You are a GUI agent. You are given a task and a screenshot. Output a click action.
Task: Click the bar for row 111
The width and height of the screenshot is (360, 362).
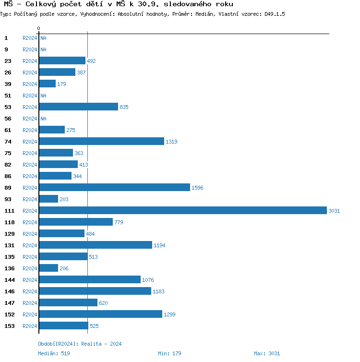click(183, 211)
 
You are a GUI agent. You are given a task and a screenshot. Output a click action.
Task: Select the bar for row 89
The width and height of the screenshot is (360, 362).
click(114, 188)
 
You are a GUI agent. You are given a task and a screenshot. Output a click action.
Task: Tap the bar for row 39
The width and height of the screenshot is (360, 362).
click(47, 84)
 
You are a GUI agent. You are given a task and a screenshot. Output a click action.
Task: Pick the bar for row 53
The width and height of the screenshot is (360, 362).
click(78, 107)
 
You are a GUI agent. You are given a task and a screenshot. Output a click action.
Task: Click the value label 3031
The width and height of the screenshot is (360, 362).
click(334, 211)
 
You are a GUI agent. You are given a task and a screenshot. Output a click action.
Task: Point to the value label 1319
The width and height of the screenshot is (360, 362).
click(171, 142)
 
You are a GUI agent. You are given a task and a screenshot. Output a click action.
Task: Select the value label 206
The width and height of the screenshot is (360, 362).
click(64, 268)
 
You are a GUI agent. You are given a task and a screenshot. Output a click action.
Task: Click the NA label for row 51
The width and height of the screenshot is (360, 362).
click(43, 96)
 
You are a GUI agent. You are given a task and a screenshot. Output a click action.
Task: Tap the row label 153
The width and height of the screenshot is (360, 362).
click(10, 326)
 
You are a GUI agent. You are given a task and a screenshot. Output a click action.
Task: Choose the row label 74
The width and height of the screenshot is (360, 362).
click(8, 142)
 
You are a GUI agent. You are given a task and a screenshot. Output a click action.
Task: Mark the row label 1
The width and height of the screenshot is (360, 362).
click(6, 38)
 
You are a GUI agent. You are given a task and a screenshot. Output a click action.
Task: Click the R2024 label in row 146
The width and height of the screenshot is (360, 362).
click(30, 291)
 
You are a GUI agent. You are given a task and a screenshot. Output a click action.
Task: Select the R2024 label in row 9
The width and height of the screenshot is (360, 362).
click(30, 49)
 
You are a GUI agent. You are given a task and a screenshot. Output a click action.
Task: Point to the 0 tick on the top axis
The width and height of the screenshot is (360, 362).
click(38, 29)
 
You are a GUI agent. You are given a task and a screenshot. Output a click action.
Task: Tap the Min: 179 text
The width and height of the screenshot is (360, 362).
click(169, 353)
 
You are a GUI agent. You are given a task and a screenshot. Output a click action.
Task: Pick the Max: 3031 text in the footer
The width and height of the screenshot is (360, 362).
click(267, 353)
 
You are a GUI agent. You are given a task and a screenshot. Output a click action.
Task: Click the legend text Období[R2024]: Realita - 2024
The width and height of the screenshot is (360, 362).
click(80, 344)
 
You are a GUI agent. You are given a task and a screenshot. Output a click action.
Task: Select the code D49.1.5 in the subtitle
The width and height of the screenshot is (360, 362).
click(275, 14)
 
